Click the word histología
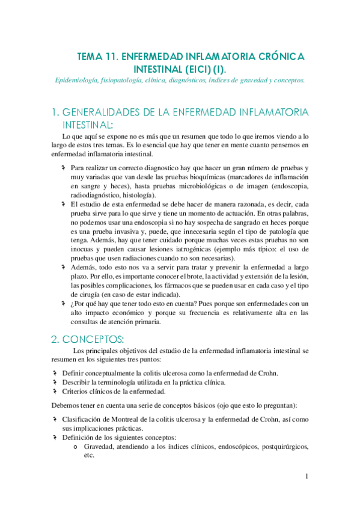(138, 195)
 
